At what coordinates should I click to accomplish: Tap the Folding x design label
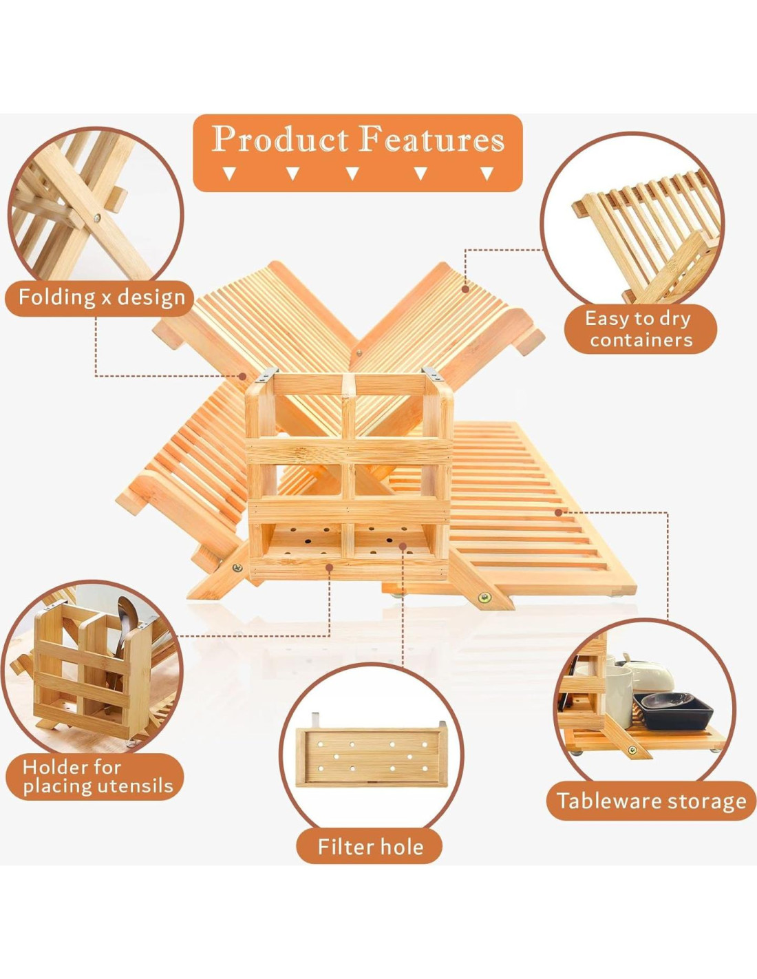tap(101, 297)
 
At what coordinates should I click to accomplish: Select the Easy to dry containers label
tap(640, 328)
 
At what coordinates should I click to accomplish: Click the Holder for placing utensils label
tap(96, 777)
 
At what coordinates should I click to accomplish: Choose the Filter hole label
tap(370, 846)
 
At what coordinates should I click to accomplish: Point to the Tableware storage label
tap(651, 801)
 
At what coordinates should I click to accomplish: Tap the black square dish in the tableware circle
tap(676, 709)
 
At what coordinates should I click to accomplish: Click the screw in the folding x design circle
tap(97, 218)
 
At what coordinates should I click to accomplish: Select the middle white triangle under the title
tap(353, 173)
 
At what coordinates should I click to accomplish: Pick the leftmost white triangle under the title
tap(230, 173)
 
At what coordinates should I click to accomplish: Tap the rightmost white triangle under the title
tap(487, 173)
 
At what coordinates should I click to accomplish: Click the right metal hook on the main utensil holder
tap(432, 376)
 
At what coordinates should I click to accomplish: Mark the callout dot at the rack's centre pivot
tap(242, 376)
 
